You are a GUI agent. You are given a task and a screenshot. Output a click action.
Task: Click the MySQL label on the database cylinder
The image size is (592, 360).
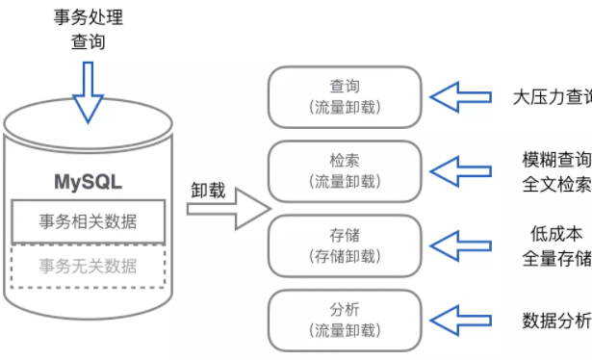(88, 181)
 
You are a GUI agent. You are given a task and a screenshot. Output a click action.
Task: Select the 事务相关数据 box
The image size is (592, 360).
(88, 222)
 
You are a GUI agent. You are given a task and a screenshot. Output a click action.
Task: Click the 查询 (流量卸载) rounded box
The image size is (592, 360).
(344, 96)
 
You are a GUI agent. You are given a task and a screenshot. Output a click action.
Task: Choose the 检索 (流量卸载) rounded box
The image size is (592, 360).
(344, 169)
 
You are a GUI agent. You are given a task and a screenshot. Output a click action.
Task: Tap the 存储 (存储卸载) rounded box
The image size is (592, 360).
(344, 244)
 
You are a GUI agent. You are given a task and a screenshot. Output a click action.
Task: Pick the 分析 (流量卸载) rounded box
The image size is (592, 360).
(344, 319)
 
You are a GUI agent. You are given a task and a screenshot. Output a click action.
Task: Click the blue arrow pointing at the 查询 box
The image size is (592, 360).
(460, 96)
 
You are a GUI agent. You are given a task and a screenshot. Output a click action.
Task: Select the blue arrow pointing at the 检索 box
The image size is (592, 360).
(460, 169)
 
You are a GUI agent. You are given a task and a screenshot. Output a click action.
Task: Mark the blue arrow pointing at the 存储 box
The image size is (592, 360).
(460, 244)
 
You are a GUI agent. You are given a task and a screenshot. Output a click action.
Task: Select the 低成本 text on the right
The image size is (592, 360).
(555, 234)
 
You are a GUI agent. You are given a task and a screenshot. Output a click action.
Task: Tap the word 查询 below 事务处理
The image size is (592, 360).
(88, 42)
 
